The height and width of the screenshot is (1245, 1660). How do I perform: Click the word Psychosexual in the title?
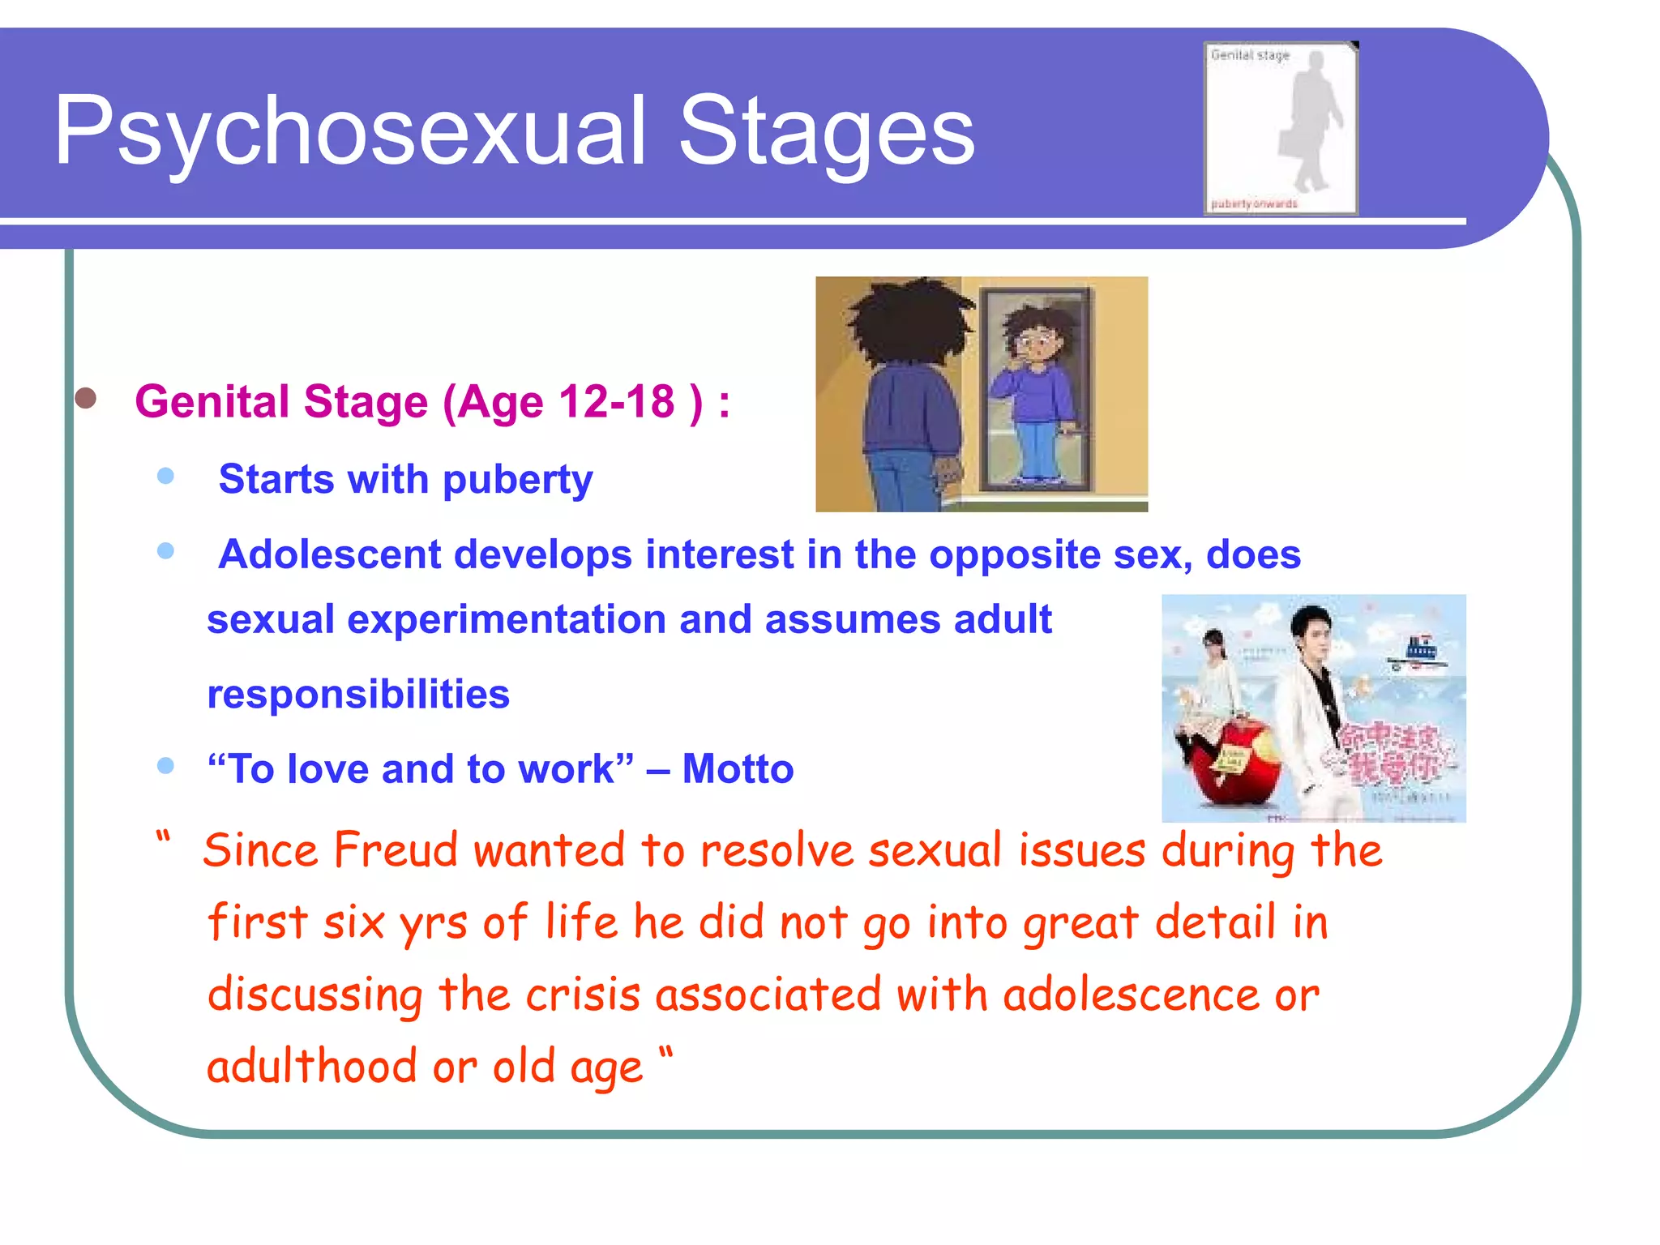349,131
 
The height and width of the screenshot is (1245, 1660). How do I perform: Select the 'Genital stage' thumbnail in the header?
1280,128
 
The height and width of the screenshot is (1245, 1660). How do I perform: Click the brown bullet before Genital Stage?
86,398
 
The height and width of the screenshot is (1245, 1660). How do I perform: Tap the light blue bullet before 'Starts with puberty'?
166,476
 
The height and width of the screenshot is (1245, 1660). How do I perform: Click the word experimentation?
507,620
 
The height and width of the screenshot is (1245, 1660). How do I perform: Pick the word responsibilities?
358,695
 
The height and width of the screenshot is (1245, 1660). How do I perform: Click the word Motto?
738,769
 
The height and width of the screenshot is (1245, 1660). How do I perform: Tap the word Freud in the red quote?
396,851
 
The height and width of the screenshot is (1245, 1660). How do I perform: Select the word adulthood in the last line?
313,1067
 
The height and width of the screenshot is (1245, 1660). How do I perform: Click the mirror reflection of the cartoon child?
1036,389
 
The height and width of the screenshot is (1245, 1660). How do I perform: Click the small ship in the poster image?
1418,652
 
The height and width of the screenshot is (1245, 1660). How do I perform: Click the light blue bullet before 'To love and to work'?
166,766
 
